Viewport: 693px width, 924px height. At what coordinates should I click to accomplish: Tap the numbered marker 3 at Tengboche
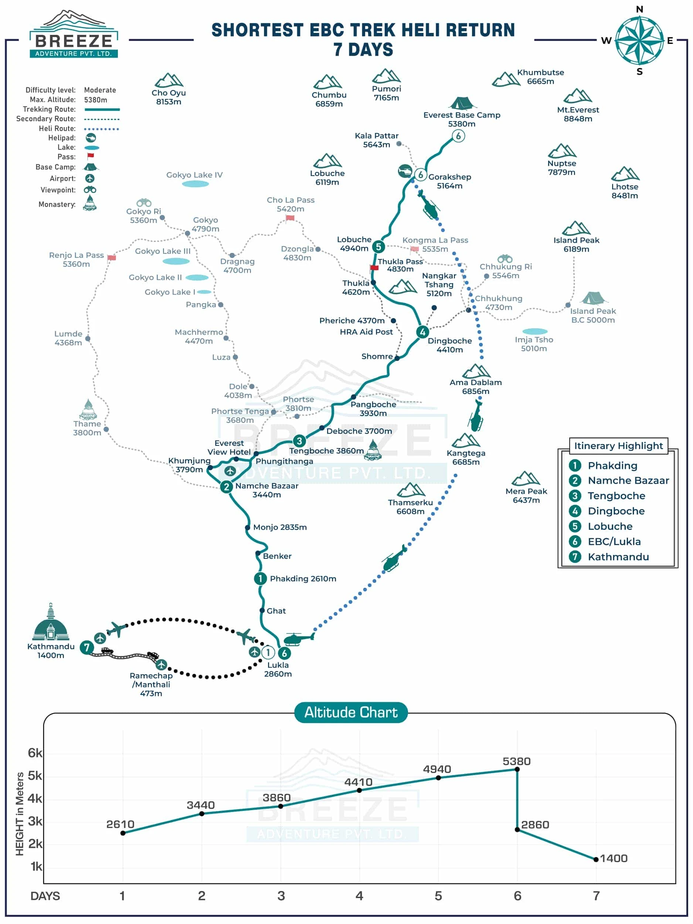point(299,441)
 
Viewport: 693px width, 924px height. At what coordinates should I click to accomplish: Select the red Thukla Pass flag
point(374,268)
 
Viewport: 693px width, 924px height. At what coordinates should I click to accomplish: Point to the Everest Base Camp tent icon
point(462,103)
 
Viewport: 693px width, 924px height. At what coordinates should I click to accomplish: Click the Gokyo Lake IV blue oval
point(195,184)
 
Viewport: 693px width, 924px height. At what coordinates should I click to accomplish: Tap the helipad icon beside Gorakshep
point(405,171)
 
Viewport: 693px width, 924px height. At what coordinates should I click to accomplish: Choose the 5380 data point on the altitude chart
point(517,769)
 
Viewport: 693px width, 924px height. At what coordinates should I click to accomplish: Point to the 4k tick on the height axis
point(35,798)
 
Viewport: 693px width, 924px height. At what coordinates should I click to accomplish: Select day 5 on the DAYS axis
point(438,896)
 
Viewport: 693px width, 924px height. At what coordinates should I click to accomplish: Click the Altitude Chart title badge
point(350,712)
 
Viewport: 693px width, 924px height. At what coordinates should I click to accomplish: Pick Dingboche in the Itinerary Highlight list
point(616,511)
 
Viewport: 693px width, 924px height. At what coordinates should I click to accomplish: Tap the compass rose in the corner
point(639,40)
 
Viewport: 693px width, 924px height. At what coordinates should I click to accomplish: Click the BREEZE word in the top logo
point(74,41)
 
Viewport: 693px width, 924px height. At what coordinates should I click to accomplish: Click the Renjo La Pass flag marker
point(112,257)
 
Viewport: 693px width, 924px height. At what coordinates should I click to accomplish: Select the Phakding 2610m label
point(303,578)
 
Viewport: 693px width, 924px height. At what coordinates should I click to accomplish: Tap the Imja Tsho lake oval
point(535,331)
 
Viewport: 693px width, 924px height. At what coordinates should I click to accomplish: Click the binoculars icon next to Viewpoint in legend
point(90,190)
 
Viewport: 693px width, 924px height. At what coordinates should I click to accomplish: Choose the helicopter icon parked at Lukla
point(298,639)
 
